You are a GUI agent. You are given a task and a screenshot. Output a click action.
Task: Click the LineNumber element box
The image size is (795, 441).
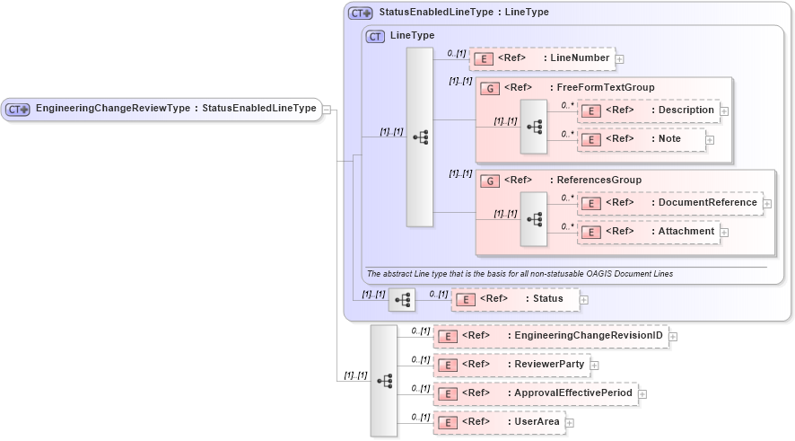click(x=541, y=58)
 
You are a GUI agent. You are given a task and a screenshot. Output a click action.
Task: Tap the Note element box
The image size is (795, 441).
click(x=641, y=139)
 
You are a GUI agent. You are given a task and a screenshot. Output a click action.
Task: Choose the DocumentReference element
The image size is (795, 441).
click(x=669, y=203)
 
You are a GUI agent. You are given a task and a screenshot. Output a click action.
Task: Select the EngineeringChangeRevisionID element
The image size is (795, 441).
click(x=550, y=336)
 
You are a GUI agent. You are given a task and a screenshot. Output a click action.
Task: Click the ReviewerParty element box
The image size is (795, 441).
click(x=511, y=365)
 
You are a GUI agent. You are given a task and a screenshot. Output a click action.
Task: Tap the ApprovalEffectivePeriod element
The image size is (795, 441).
click(x=535, y=393)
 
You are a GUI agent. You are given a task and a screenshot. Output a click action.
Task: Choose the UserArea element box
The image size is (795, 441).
click(x=499, y=422)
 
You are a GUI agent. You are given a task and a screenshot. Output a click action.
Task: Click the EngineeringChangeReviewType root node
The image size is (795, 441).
click(x=162, y=109)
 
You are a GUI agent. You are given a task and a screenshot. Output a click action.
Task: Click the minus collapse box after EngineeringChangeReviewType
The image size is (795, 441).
click(x=327, y=110)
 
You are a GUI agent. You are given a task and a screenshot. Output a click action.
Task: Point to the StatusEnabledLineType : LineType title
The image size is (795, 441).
click(x=463, y=13)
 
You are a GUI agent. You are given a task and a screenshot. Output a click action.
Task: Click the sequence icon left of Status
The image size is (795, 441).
click(x=402, y=299)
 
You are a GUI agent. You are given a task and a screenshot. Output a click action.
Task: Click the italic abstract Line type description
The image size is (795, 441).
click(x=520, y=273)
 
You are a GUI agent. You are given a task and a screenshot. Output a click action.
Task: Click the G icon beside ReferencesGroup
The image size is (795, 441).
click(x=490, y=181)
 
